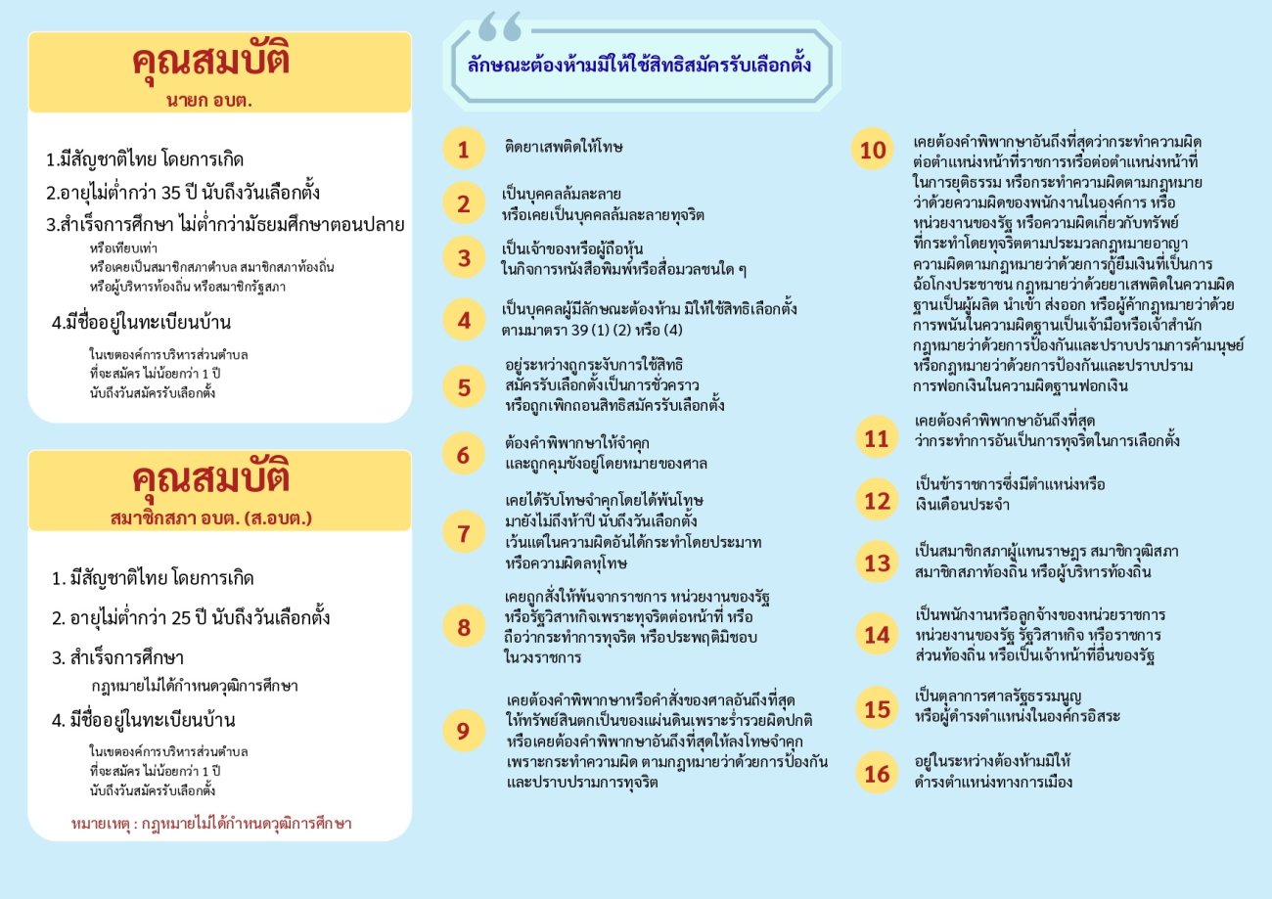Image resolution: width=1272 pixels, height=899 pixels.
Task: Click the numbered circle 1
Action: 464,150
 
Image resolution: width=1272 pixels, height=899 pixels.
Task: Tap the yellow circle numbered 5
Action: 464,388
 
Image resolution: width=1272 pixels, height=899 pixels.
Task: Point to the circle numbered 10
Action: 873,150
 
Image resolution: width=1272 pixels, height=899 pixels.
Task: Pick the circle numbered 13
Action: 877,562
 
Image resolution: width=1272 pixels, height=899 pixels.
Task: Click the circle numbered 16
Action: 877,773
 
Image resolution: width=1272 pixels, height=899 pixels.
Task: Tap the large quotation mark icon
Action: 500,26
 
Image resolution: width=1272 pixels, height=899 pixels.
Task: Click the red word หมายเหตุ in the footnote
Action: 101,824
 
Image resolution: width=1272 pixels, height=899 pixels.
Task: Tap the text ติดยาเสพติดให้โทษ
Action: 565,148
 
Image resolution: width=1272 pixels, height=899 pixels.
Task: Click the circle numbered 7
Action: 464,534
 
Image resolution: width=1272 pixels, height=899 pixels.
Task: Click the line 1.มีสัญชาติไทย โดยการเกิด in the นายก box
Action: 145,159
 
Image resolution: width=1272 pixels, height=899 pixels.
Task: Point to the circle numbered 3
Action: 464,258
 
